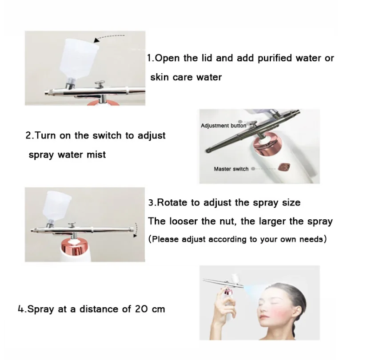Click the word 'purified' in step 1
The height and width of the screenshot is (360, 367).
(275, 59)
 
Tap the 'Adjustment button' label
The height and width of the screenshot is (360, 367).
(223, 126)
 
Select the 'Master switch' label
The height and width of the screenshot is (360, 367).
(231, 169)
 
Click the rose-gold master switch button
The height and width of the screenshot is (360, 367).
(284, 167)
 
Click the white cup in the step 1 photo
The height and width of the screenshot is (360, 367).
(78, 59)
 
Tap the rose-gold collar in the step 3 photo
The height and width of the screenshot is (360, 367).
(75, 247)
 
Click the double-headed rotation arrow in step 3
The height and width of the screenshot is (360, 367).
(135, 230)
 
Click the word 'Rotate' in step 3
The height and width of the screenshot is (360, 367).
(172, 202)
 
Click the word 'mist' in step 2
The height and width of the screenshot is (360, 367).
(96, 154)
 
